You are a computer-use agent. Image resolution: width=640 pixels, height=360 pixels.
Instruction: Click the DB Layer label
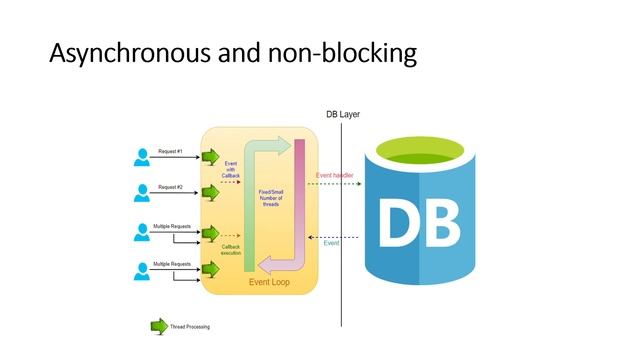pos(343,115)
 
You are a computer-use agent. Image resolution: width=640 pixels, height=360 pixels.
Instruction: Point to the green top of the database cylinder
pos(433,156)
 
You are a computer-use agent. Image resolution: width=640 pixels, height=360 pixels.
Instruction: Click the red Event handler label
pos(336,176)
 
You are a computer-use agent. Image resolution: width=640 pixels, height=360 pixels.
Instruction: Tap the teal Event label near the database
pos(332,243)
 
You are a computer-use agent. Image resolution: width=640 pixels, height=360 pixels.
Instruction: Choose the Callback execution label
pos(231,250)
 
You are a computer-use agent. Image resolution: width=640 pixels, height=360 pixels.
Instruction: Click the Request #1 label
pos(171,151)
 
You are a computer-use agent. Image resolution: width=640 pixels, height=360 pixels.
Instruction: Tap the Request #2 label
pos(171,187)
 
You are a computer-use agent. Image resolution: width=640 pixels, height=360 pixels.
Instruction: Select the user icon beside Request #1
pos(142,157)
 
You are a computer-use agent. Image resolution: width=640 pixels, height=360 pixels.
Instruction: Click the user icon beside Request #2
pos(142,193)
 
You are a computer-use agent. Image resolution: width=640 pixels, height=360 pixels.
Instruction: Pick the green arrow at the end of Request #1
pos(210,157)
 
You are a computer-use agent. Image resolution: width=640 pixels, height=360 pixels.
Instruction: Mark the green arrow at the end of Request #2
pos(210,193)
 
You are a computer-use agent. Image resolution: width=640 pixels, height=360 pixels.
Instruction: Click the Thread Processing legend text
pos(190,326)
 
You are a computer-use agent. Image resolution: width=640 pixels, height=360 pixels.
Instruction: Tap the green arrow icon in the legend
pos(158,326)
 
